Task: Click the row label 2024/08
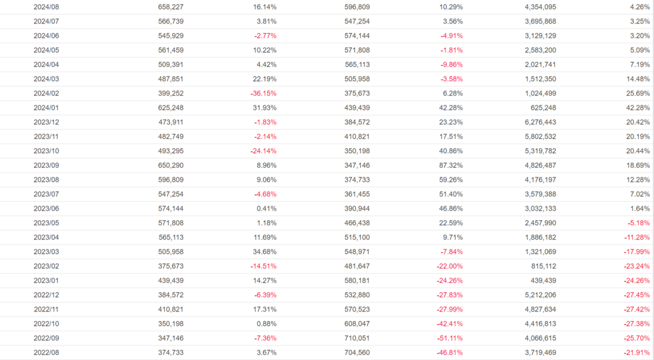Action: coord(46,7)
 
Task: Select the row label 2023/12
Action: coord(46,122)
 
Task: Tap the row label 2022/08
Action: coord(46,352)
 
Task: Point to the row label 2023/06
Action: coord(46,209)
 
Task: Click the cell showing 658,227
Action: coord(171,7)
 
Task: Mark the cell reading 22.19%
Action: coord(264,79)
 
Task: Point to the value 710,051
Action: coord(356,338)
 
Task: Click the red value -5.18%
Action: coord(637,223)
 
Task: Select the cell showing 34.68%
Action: coord(264,251)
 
